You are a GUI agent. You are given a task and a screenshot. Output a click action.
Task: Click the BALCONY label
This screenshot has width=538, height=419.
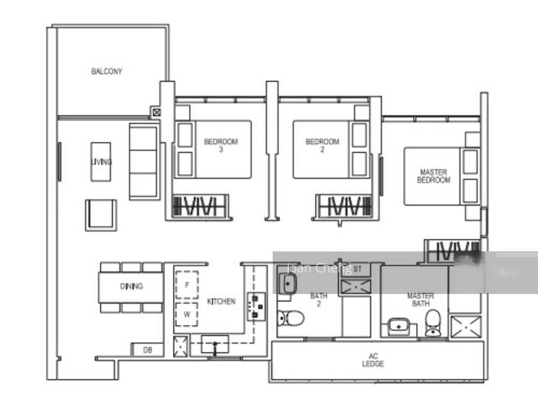click(x=107, y=71)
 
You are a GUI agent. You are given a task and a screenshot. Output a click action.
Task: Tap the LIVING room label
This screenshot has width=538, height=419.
click(x=101, y=162)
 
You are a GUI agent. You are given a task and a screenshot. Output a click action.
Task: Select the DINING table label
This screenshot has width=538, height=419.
click(x=131, y=287)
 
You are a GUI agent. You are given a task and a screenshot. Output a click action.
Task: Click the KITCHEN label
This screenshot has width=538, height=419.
click(x=221, y=302)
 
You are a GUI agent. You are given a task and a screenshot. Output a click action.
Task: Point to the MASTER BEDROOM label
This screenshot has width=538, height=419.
click(x=433, y=176)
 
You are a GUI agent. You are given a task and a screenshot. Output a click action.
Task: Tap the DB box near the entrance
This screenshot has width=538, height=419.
click(x=147, y=350)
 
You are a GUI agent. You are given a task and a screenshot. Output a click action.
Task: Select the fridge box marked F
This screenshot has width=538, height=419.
click(x=187, y=285)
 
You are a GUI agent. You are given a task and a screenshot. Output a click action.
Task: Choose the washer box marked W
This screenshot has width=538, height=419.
click(x=187, y=315)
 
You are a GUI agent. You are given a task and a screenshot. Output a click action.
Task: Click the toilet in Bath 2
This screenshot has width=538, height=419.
click(x=291, y=318)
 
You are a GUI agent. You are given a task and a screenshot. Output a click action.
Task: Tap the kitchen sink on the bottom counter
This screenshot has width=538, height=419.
click(x=214, y=345)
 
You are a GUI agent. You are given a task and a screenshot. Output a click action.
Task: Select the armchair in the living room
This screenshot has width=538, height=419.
click(x=101, y=214)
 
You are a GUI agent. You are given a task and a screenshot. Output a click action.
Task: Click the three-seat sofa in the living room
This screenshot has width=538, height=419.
click(x=144, y=161)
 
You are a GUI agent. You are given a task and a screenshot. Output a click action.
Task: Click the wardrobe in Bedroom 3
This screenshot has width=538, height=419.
click(x=201, y=206)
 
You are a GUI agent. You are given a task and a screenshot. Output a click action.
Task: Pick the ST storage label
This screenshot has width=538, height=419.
click(x=358, y=269)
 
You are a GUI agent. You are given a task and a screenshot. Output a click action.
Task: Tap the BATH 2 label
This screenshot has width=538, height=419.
click(x=318, y=300)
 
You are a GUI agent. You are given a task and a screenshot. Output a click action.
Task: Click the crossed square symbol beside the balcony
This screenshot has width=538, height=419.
click(x=156, y=111)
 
